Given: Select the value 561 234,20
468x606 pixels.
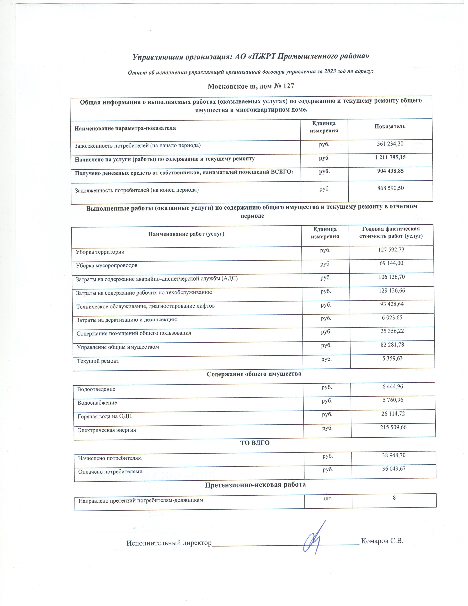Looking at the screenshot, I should coord(390,144).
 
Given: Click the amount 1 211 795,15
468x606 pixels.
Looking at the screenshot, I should coord(390,157).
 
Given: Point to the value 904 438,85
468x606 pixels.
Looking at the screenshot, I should coord(390,171).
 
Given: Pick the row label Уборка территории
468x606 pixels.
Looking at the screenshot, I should coord(100,252).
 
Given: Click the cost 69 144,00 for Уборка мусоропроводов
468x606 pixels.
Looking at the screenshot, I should coord(391,263).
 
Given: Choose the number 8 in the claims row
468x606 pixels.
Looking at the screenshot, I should coord(394,497).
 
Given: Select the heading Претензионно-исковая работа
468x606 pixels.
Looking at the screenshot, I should coord(255,485).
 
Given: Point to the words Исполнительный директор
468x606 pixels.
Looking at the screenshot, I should coord(169,543).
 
